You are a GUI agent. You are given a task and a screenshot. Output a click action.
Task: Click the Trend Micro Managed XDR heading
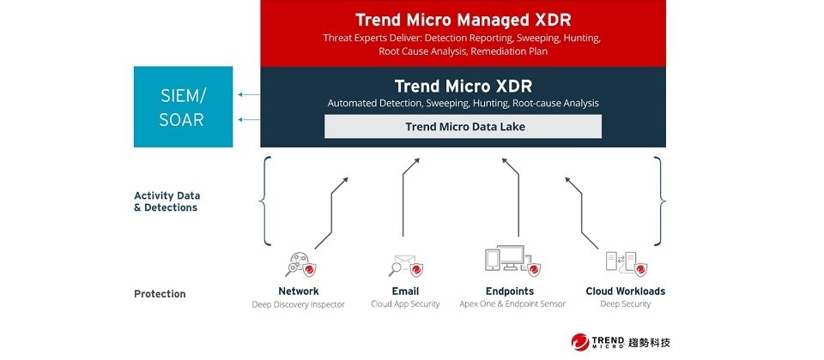coord(463,20)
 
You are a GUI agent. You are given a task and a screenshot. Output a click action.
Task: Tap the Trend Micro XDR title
coord(463,86)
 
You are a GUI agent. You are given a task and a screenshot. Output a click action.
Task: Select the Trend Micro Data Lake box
coord(463,127)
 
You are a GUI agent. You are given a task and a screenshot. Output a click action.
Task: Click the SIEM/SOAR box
coord(183,106)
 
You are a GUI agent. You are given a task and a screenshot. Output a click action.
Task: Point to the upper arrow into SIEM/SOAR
coord(249,94)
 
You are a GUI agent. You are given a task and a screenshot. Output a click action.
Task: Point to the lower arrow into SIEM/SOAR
coord(249,120)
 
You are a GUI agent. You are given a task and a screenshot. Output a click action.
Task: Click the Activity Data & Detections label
coord(167,201)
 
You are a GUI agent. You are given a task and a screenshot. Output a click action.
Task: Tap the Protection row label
coord(160,294)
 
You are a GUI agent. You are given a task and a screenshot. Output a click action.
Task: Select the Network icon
coord(300,265)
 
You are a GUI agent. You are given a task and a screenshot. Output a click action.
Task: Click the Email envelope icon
coord(406,266)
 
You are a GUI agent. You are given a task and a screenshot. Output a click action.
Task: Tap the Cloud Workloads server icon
coord(626,264)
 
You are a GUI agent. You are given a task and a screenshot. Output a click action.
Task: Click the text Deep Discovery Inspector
coord(299,304)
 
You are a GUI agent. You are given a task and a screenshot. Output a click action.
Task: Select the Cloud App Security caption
coord(405,303)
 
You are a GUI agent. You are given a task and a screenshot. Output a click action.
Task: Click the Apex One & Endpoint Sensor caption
coord(512,303)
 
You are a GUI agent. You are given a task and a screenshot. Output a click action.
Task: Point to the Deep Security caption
coord(626,303)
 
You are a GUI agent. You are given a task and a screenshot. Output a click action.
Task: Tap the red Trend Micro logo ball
coord(580,342)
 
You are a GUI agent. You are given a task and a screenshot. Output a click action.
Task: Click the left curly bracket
coord(265,201)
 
